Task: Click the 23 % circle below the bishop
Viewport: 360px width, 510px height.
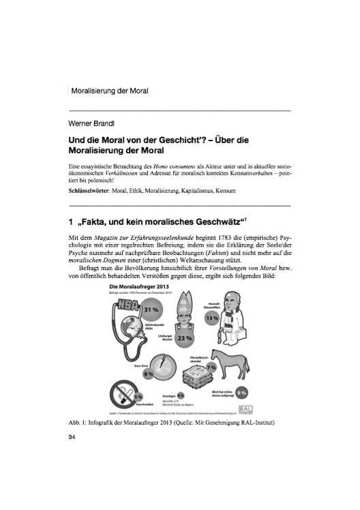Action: tap(183, 338)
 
